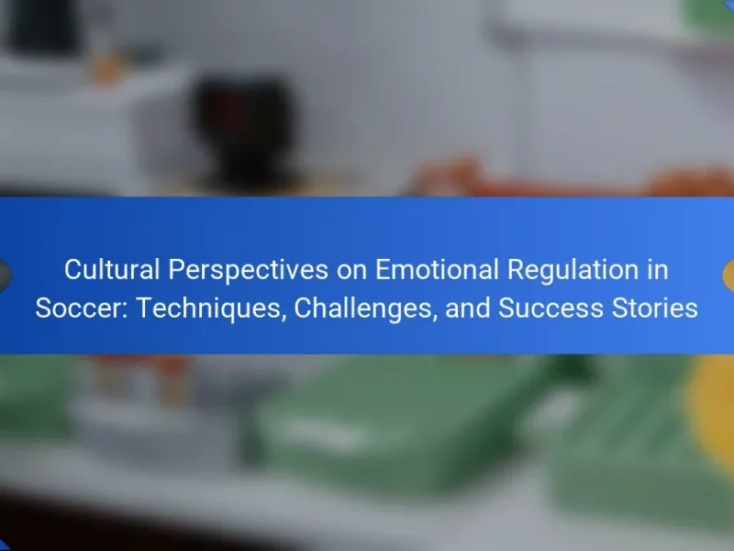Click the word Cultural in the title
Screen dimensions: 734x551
[112, 269]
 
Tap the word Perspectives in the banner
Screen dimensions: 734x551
[248, 270]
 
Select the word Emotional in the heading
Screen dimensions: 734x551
[437, 269]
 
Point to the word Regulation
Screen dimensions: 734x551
[573, 270]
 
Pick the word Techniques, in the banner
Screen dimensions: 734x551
[211, 309]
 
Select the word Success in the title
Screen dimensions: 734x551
[550, 309]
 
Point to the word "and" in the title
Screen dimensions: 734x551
[468, 309]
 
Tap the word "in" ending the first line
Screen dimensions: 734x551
[658, 269]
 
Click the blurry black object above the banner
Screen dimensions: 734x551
[244, 127]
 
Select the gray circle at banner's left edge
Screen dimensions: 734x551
[5, 275]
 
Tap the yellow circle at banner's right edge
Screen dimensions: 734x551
[728, 275]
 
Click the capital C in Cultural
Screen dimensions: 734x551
[73, 269]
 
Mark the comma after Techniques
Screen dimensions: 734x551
[284, 320]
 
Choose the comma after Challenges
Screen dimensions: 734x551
[435, 320]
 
